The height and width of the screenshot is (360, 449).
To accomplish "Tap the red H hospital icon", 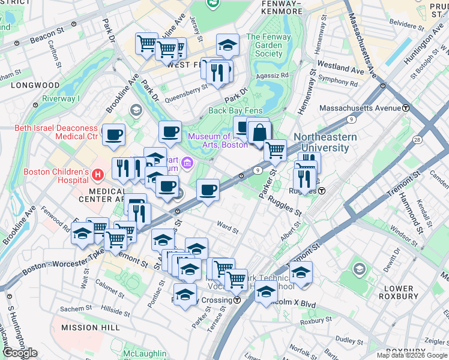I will [x=98, y=175].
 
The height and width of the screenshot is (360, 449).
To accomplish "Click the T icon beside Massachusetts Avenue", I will [x=406, y=108].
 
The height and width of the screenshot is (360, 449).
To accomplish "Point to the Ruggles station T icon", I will [x=322, y=191].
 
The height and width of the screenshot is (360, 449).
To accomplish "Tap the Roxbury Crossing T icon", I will [x=237, y=300].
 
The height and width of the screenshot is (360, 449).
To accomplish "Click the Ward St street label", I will [x=228, y=229].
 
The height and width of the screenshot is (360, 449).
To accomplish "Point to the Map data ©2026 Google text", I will [x=411, y=355].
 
